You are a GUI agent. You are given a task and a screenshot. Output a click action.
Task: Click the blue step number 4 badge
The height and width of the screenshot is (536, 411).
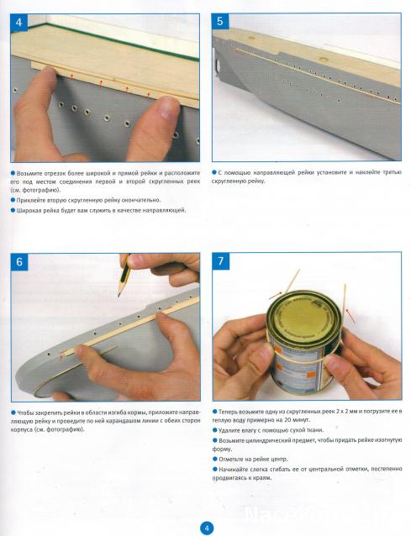pos(18,23)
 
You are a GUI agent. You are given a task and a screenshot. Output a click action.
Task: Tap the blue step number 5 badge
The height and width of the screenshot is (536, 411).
pos(220,22)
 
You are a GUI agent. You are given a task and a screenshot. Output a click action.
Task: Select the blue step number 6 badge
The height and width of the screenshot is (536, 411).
pos(19,262)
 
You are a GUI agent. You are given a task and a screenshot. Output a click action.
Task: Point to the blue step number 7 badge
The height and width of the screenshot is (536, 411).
pos(220,261)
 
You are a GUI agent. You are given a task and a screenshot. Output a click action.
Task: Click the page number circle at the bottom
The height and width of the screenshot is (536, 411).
pos(206,528)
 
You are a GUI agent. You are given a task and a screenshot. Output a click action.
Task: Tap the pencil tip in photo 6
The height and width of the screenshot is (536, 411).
pos(119,295)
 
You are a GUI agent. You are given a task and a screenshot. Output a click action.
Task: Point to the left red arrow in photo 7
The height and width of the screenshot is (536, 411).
pos(276,296)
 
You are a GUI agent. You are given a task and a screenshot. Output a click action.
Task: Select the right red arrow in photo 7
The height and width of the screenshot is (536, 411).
pos(350,316)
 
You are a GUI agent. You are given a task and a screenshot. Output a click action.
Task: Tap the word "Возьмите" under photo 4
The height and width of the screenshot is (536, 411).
pos(29,173)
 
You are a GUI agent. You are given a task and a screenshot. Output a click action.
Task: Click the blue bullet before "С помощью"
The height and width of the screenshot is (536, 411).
pos(214,172)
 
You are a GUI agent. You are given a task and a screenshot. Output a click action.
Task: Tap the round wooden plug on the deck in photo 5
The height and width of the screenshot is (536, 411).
pos(323,59)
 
